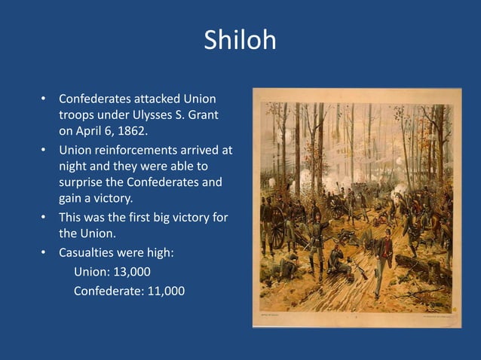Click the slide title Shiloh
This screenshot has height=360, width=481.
pyautogui.click(x=240, y=40)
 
